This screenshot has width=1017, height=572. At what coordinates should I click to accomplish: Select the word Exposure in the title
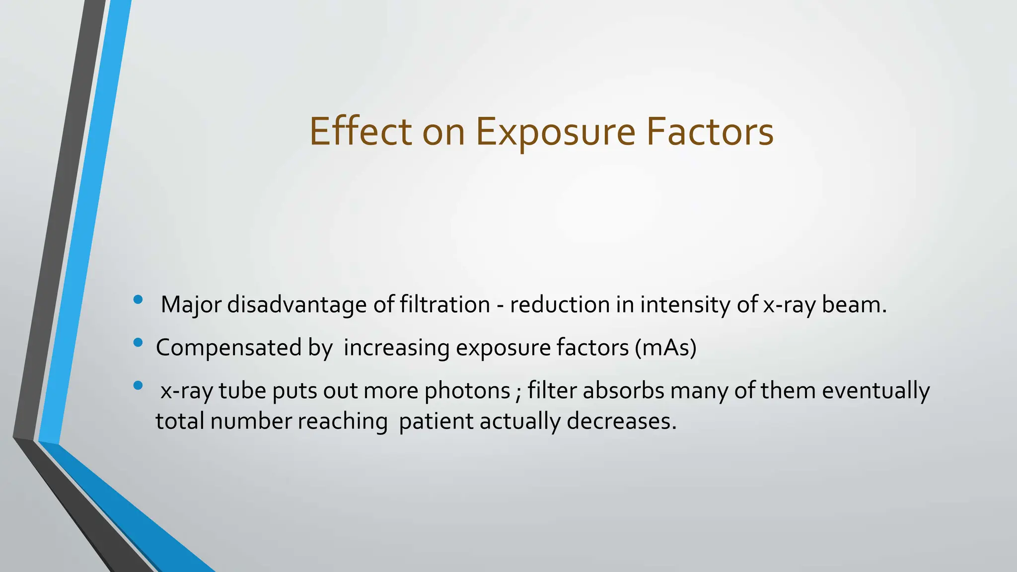pos(556,133)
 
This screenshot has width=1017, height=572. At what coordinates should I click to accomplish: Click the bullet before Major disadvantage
pos(138,299)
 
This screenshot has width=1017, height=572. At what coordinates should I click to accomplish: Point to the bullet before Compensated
pos(138,342)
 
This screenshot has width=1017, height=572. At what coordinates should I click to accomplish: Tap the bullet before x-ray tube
pos(138,385)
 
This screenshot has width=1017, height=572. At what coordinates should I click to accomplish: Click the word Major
pos(191,305)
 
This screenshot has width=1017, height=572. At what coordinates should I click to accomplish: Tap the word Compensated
pos(228,348)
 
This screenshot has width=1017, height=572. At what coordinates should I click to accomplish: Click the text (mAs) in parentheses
pos(665,348)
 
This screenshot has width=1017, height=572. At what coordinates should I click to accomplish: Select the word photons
pos(467,391)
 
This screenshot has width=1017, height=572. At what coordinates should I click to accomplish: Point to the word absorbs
pos(623,390)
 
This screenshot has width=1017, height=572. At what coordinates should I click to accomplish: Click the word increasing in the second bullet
pos(396,348)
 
